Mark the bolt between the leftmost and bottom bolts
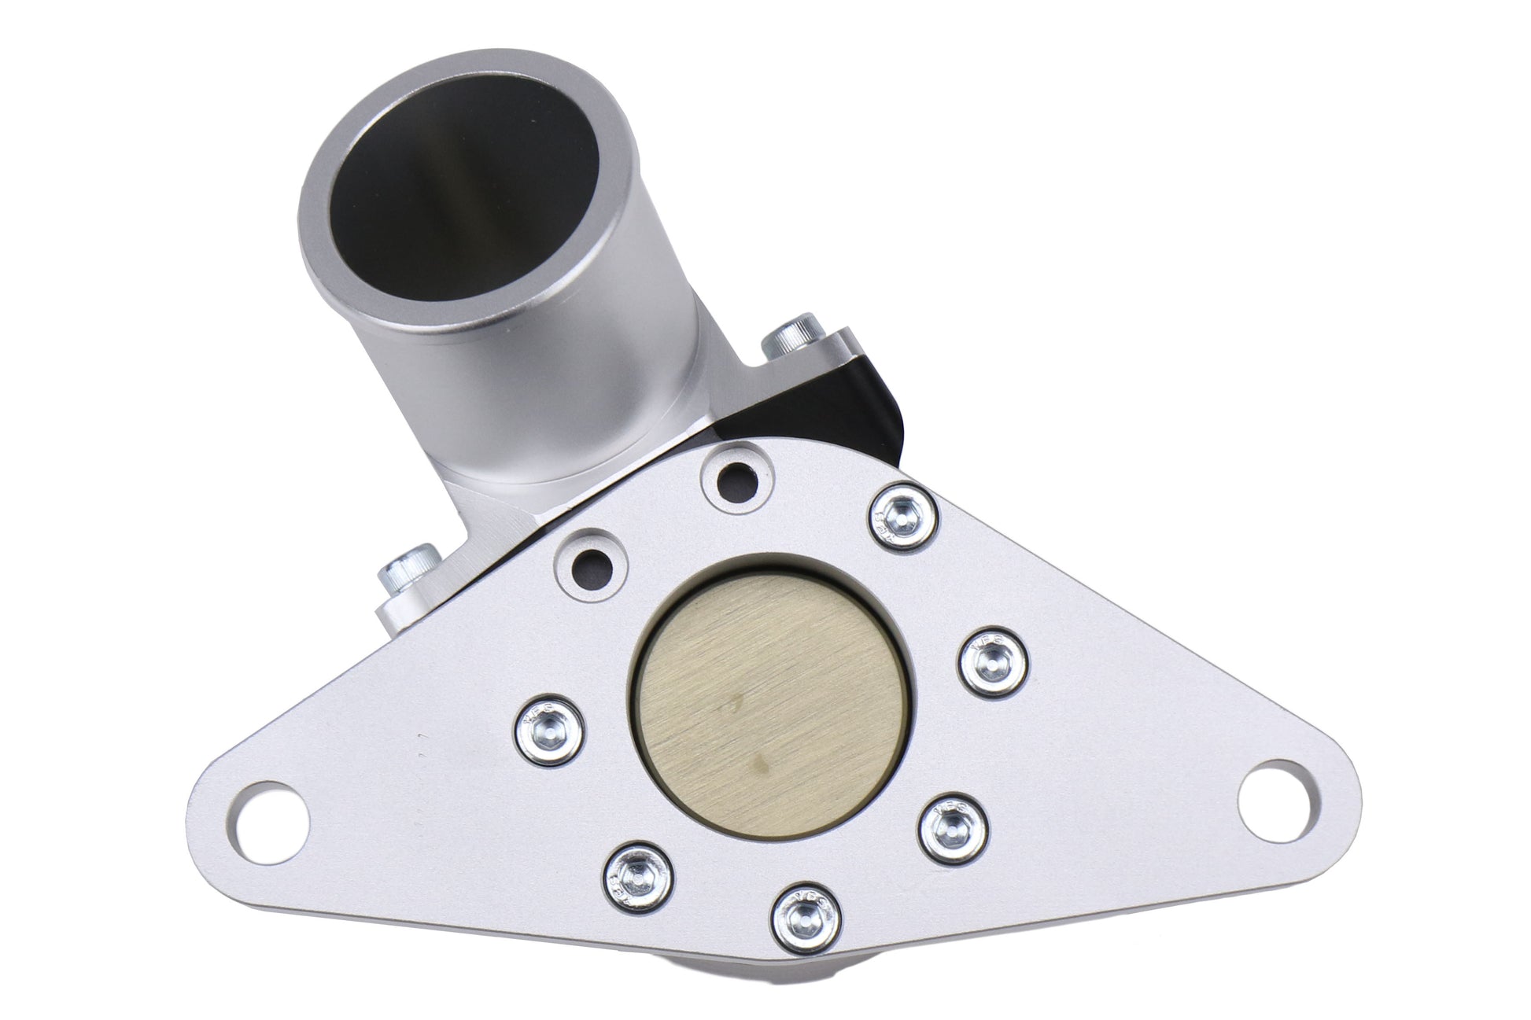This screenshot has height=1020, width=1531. [638, 871]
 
